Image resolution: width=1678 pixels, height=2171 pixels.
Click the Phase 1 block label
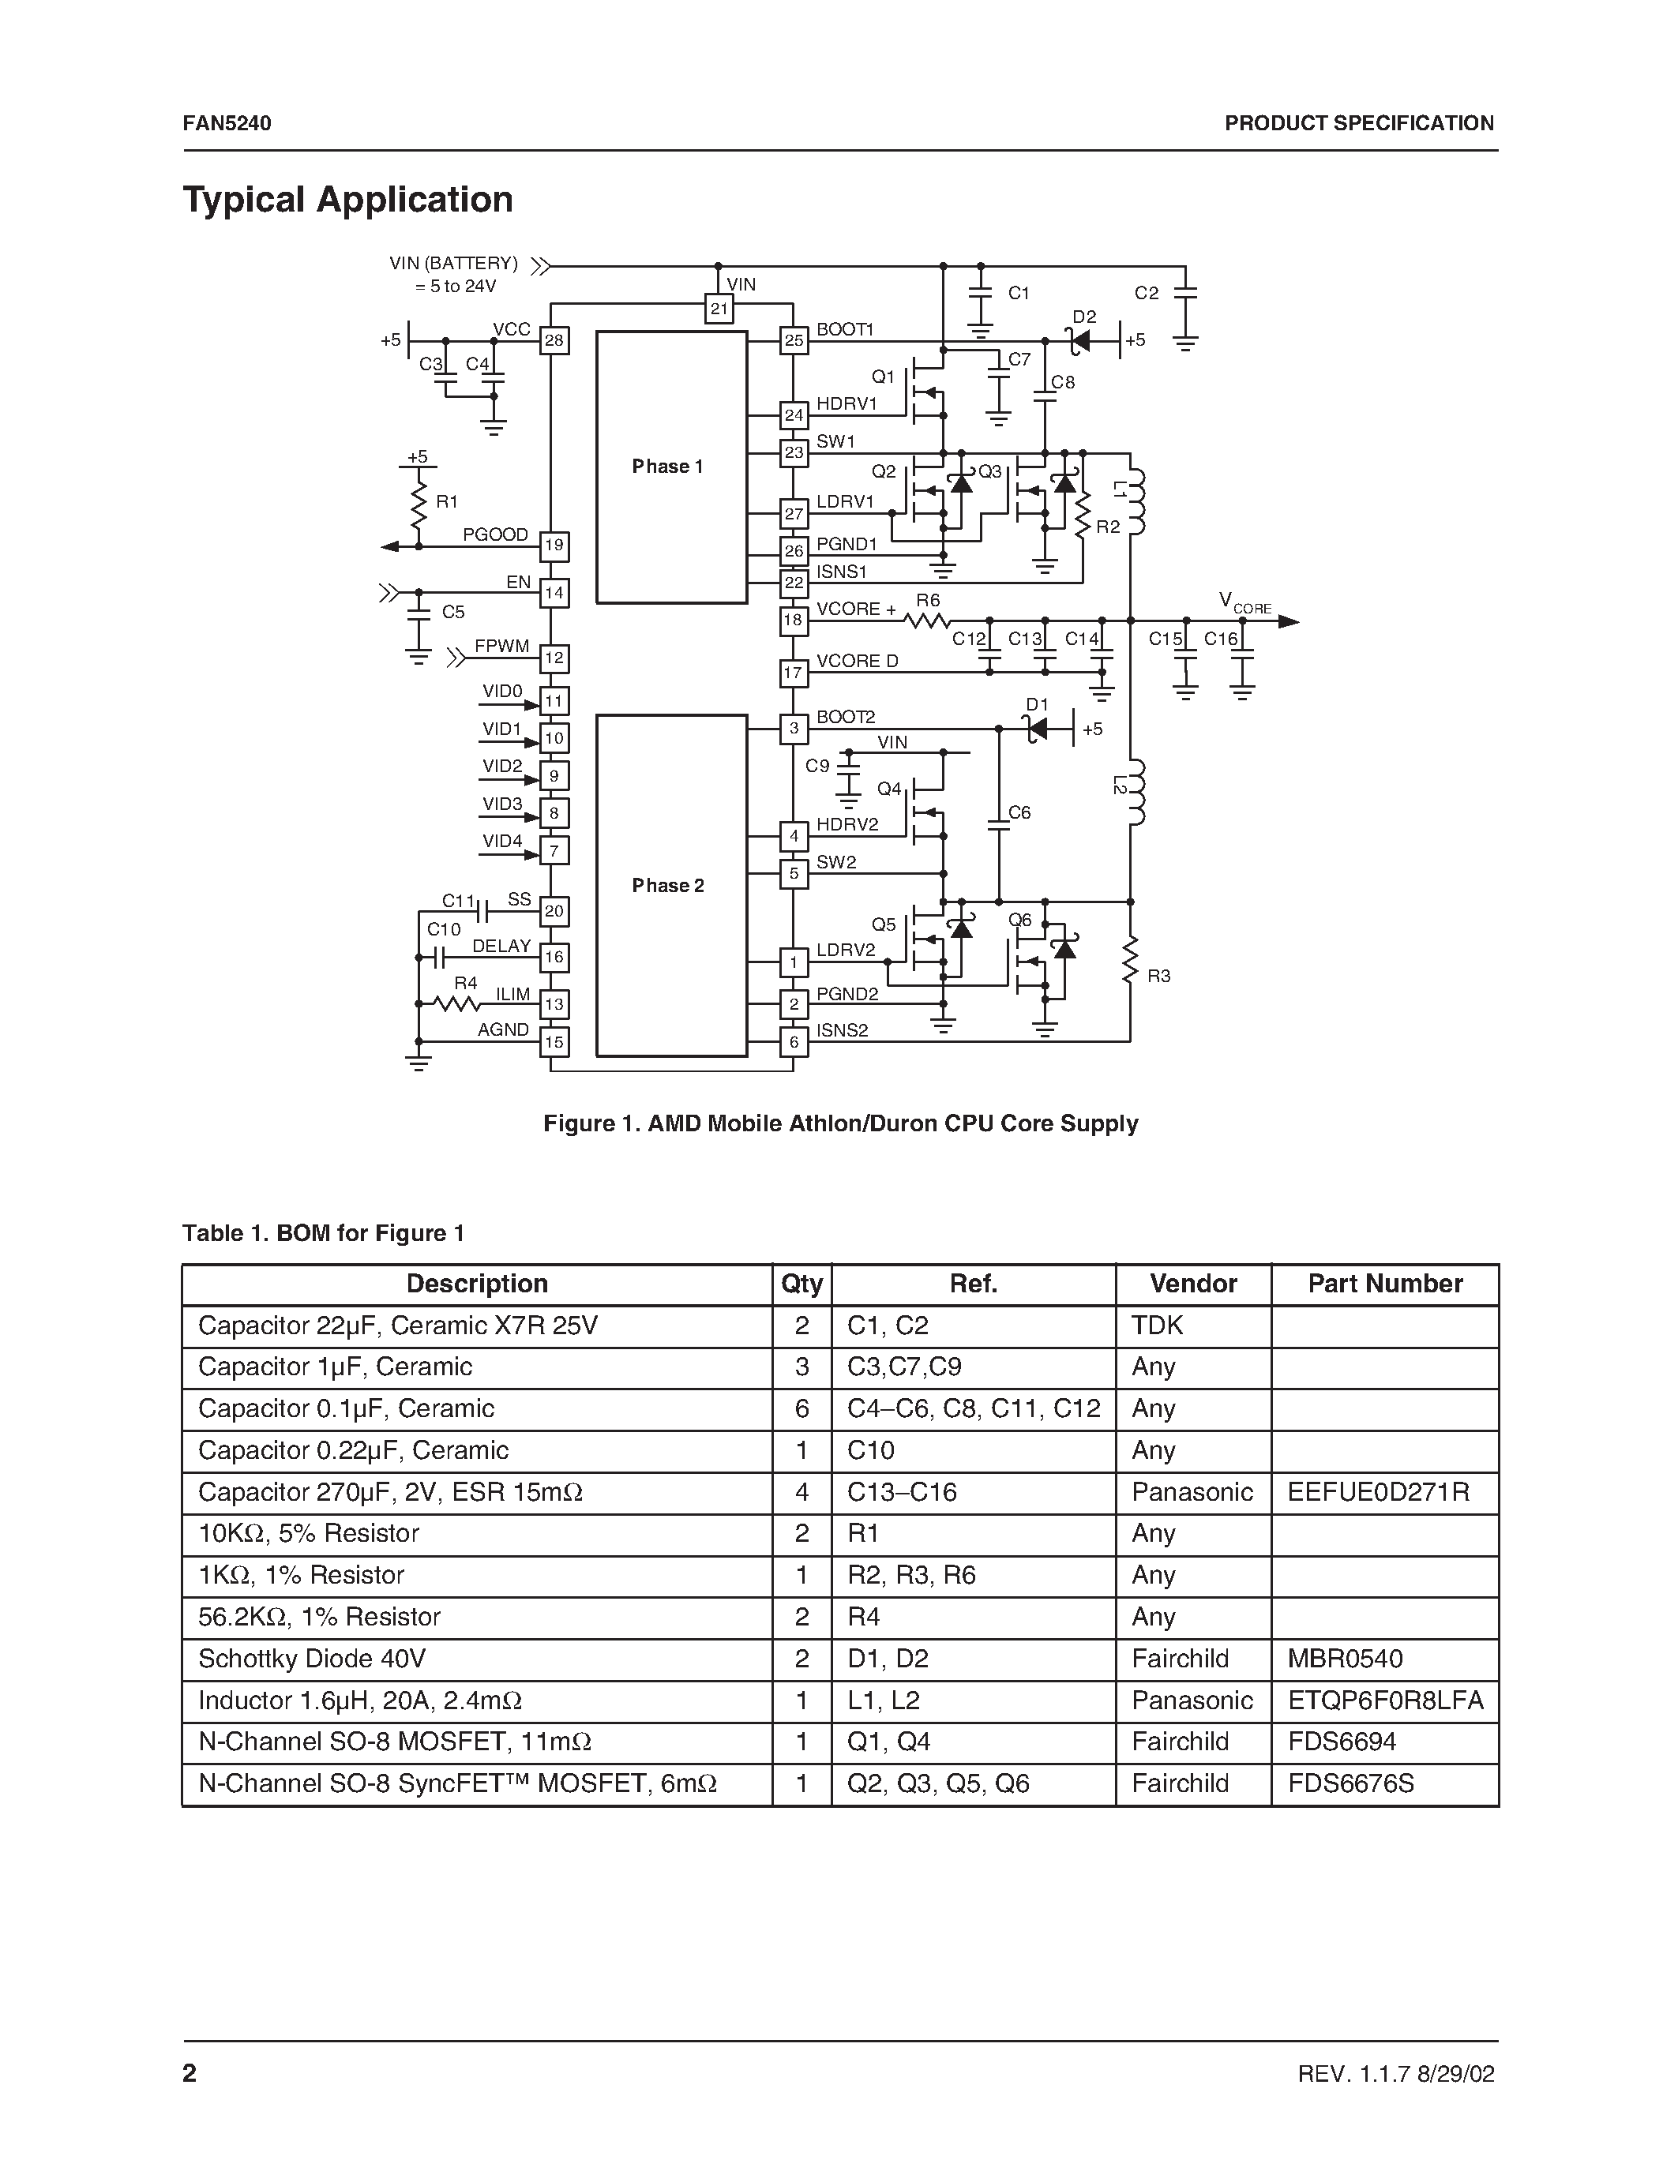click(667, 467)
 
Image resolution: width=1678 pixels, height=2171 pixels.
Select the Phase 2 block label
click(667, 886)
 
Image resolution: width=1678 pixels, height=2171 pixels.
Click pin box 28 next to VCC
click(554, 341)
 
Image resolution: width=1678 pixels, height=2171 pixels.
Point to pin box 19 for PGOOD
click(554, 545)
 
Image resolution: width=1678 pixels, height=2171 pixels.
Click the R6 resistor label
click(928, 601)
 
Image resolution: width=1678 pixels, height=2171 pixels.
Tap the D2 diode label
click(1083, 317)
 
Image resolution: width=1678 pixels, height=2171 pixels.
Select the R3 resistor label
click(1159, 976)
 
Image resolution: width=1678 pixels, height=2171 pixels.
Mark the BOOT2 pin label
click(845, 718)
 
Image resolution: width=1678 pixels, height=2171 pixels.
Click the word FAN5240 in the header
click(227, 123)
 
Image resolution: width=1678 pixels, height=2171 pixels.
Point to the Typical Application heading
click(348, 200)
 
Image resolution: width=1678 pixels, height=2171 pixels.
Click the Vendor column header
click(1193, 1284)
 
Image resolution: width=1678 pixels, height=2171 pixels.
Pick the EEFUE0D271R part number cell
click(1378, 1492)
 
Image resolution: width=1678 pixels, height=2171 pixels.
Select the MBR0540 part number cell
click(1345, 1659)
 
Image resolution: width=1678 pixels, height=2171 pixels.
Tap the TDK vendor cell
click(1157, 1325)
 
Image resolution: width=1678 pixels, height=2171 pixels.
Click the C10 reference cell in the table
click(871, 1450)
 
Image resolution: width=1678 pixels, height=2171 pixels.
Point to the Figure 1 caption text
click(840, 1123)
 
